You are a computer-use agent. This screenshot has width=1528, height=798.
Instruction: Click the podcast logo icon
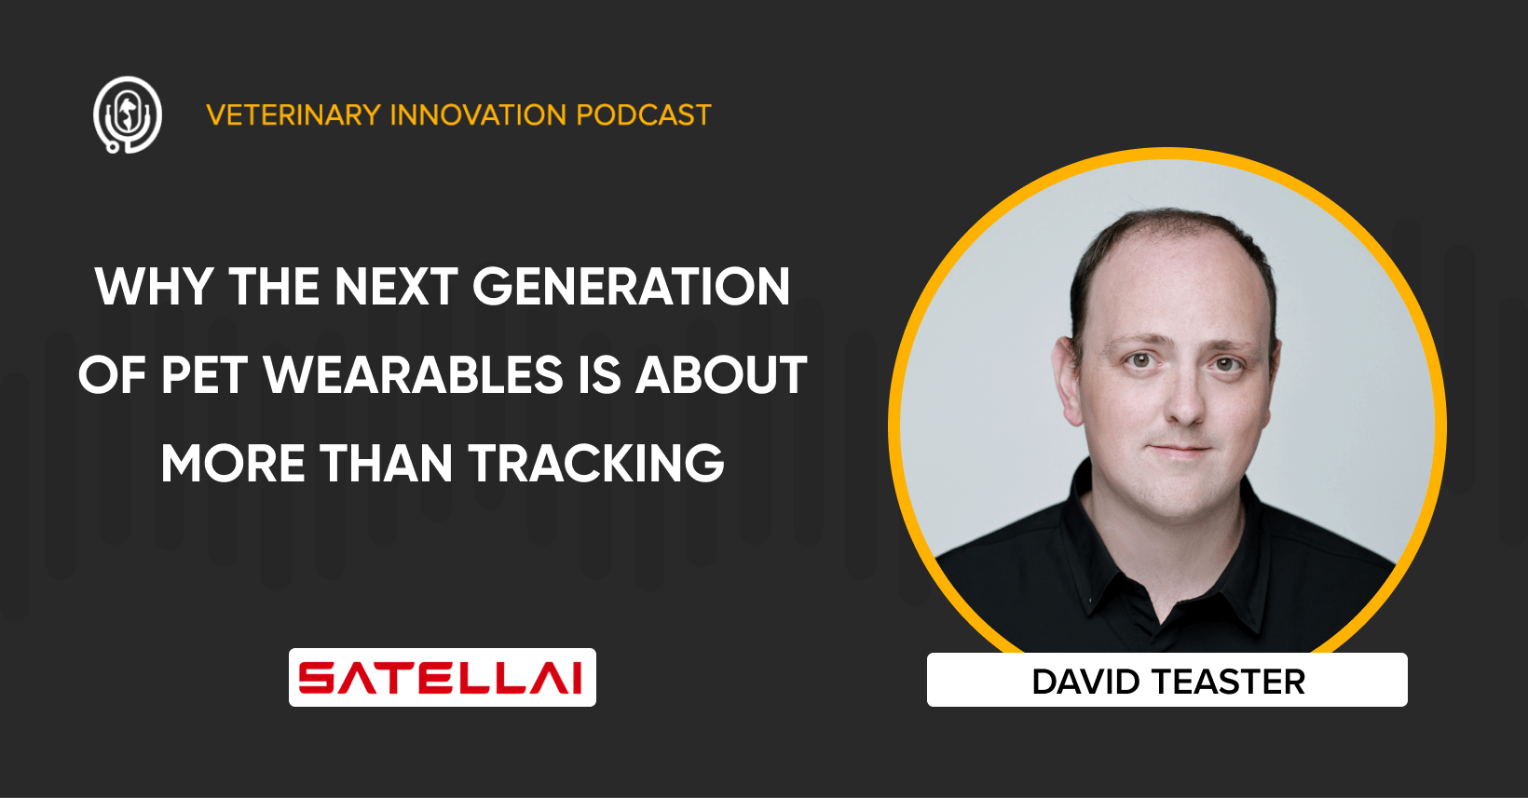[x=128, y=115]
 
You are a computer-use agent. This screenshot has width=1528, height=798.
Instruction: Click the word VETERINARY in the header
[x=293, y=115]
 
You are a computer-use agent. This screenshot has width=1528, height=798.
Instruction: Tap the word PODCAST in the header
[x=643, y=115]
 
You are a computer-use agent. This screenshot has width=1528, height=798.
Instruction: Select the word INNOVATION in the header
[x=478, y=115]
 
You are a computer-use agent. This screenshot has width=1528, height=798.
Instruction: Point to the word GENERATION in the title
[x=631, y=286]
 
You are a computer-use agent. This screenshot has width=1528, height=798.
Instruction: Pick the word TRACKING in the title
[x=596, y=464]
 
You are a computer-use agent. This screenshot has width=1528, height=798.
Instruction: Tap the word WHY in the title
[x=155, y=286]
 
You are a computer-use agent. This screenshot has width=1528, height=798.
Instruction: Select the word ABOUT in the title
[x=722, y=375]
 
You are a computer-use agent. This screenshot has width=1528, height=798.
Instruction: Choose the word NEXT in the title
[x=396, y=286]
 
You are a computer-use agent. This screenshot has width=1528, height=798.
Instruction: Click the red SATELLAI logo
[x=442, y=677]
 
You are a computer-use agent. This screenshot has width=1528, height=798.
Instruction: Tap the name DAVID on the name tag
[x=1085, y=682]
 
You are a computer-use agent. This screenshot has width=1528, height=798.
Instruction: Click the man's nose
[x=1185, y=402]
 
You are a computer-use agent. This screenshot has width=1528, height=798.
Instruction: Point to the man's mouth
[x=1180, y=451]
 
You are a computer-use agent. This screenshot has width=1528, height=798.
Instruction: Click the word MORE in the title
[x=233, y=464]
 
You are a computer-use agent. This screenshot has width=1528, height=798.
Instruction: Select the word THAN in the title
[x=387, y=464]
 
